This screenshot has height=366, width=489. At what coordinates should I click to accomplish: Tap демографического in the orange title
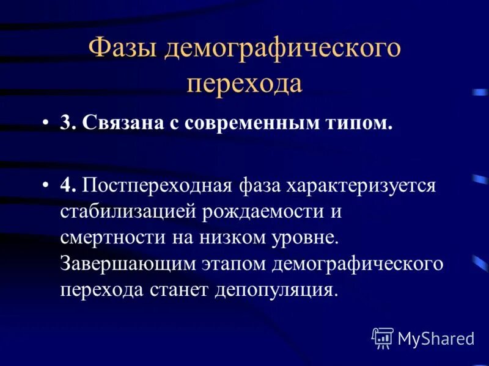click(x=282, y=49)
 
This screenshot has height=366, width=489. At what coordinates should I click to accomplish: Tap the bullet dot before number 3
click(x=46, y=123)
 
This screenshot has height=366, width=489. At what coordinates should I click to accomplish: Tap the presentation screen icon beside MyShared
click(x=383, y=337)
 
